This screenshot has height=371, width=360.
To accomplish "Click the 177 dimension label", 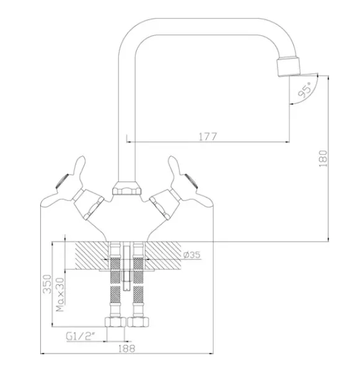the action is (208, 136).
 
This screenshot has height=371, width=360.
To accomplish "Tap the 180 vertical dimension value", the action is (323, 159).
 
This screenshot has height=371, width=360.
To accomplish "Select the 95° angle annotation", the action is (305, 90).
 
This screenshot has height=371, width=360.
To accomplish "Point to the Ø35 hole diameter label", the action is (191, 255).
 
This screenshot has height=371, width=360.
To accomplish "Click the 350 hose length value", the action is (47, 284).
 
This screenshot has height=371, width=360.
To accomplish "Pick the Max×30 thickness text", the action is (60, 294).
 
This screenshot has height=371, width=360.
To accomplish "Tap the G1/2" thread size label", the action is (80, 336).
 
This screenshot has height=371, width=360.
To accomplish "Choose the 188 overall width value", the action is (126, 349).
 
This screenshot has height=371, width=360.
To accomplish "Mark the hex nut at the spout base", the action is (126, 188).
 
